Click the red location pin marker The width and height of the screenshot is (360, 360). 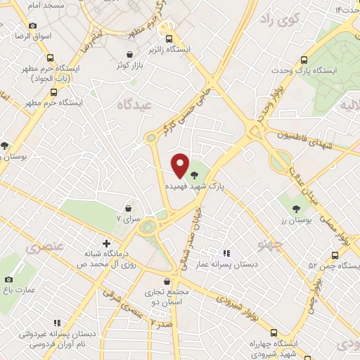click(x=180, y=165)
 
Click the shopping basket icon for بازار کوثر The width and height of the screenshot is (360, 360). click(x=129, y=54)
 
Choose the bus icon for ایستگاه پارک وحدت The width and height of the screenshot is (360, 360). click(x=304, y=60)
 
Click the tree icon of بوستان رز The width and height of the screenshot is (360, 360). click(x=296, y=209)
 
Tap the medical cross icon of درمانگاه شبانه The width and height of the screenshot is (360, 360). click(x=105, y=243)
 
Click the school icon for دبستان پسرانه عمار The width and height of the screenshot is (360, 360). click(x=226, y=253)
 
